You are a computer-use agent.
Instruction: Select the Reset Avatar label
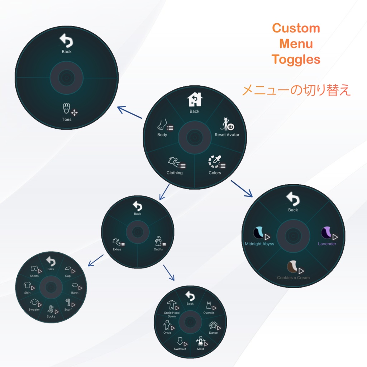click(x=227, y=135)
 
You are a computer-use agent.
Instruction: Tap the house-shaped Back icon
click(x=195, y=100)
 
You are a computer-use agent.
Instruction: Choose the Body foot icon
click(x=162, y=125)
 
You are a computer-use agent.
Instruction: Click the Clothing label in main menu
click(x=175, y=173)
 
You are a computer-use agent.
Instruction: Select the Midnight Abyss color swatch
click(x=259, y=233)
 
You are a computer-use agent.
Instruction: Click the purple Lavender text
click(x=327, y=244)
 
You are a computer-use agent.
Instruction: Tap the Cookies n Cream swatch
click(x=292, y=267)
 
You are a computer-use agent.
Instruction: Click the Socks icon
click(x=50, y=309)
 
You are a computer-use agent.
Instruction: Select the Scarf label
click(x=68, y=310)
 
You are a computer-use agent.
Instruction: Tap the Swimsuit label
click(x=180, y=349)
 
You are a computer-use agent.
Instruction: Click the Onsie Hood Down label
click(x=172, y=314)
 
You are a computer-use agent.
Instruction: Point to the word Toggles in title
click(x=296, y=59)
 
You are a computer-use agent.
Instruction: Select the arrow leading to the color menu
click(x=242, y=189)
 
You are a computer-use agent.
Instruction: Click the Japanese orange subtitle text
click(x=296, y=90)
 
